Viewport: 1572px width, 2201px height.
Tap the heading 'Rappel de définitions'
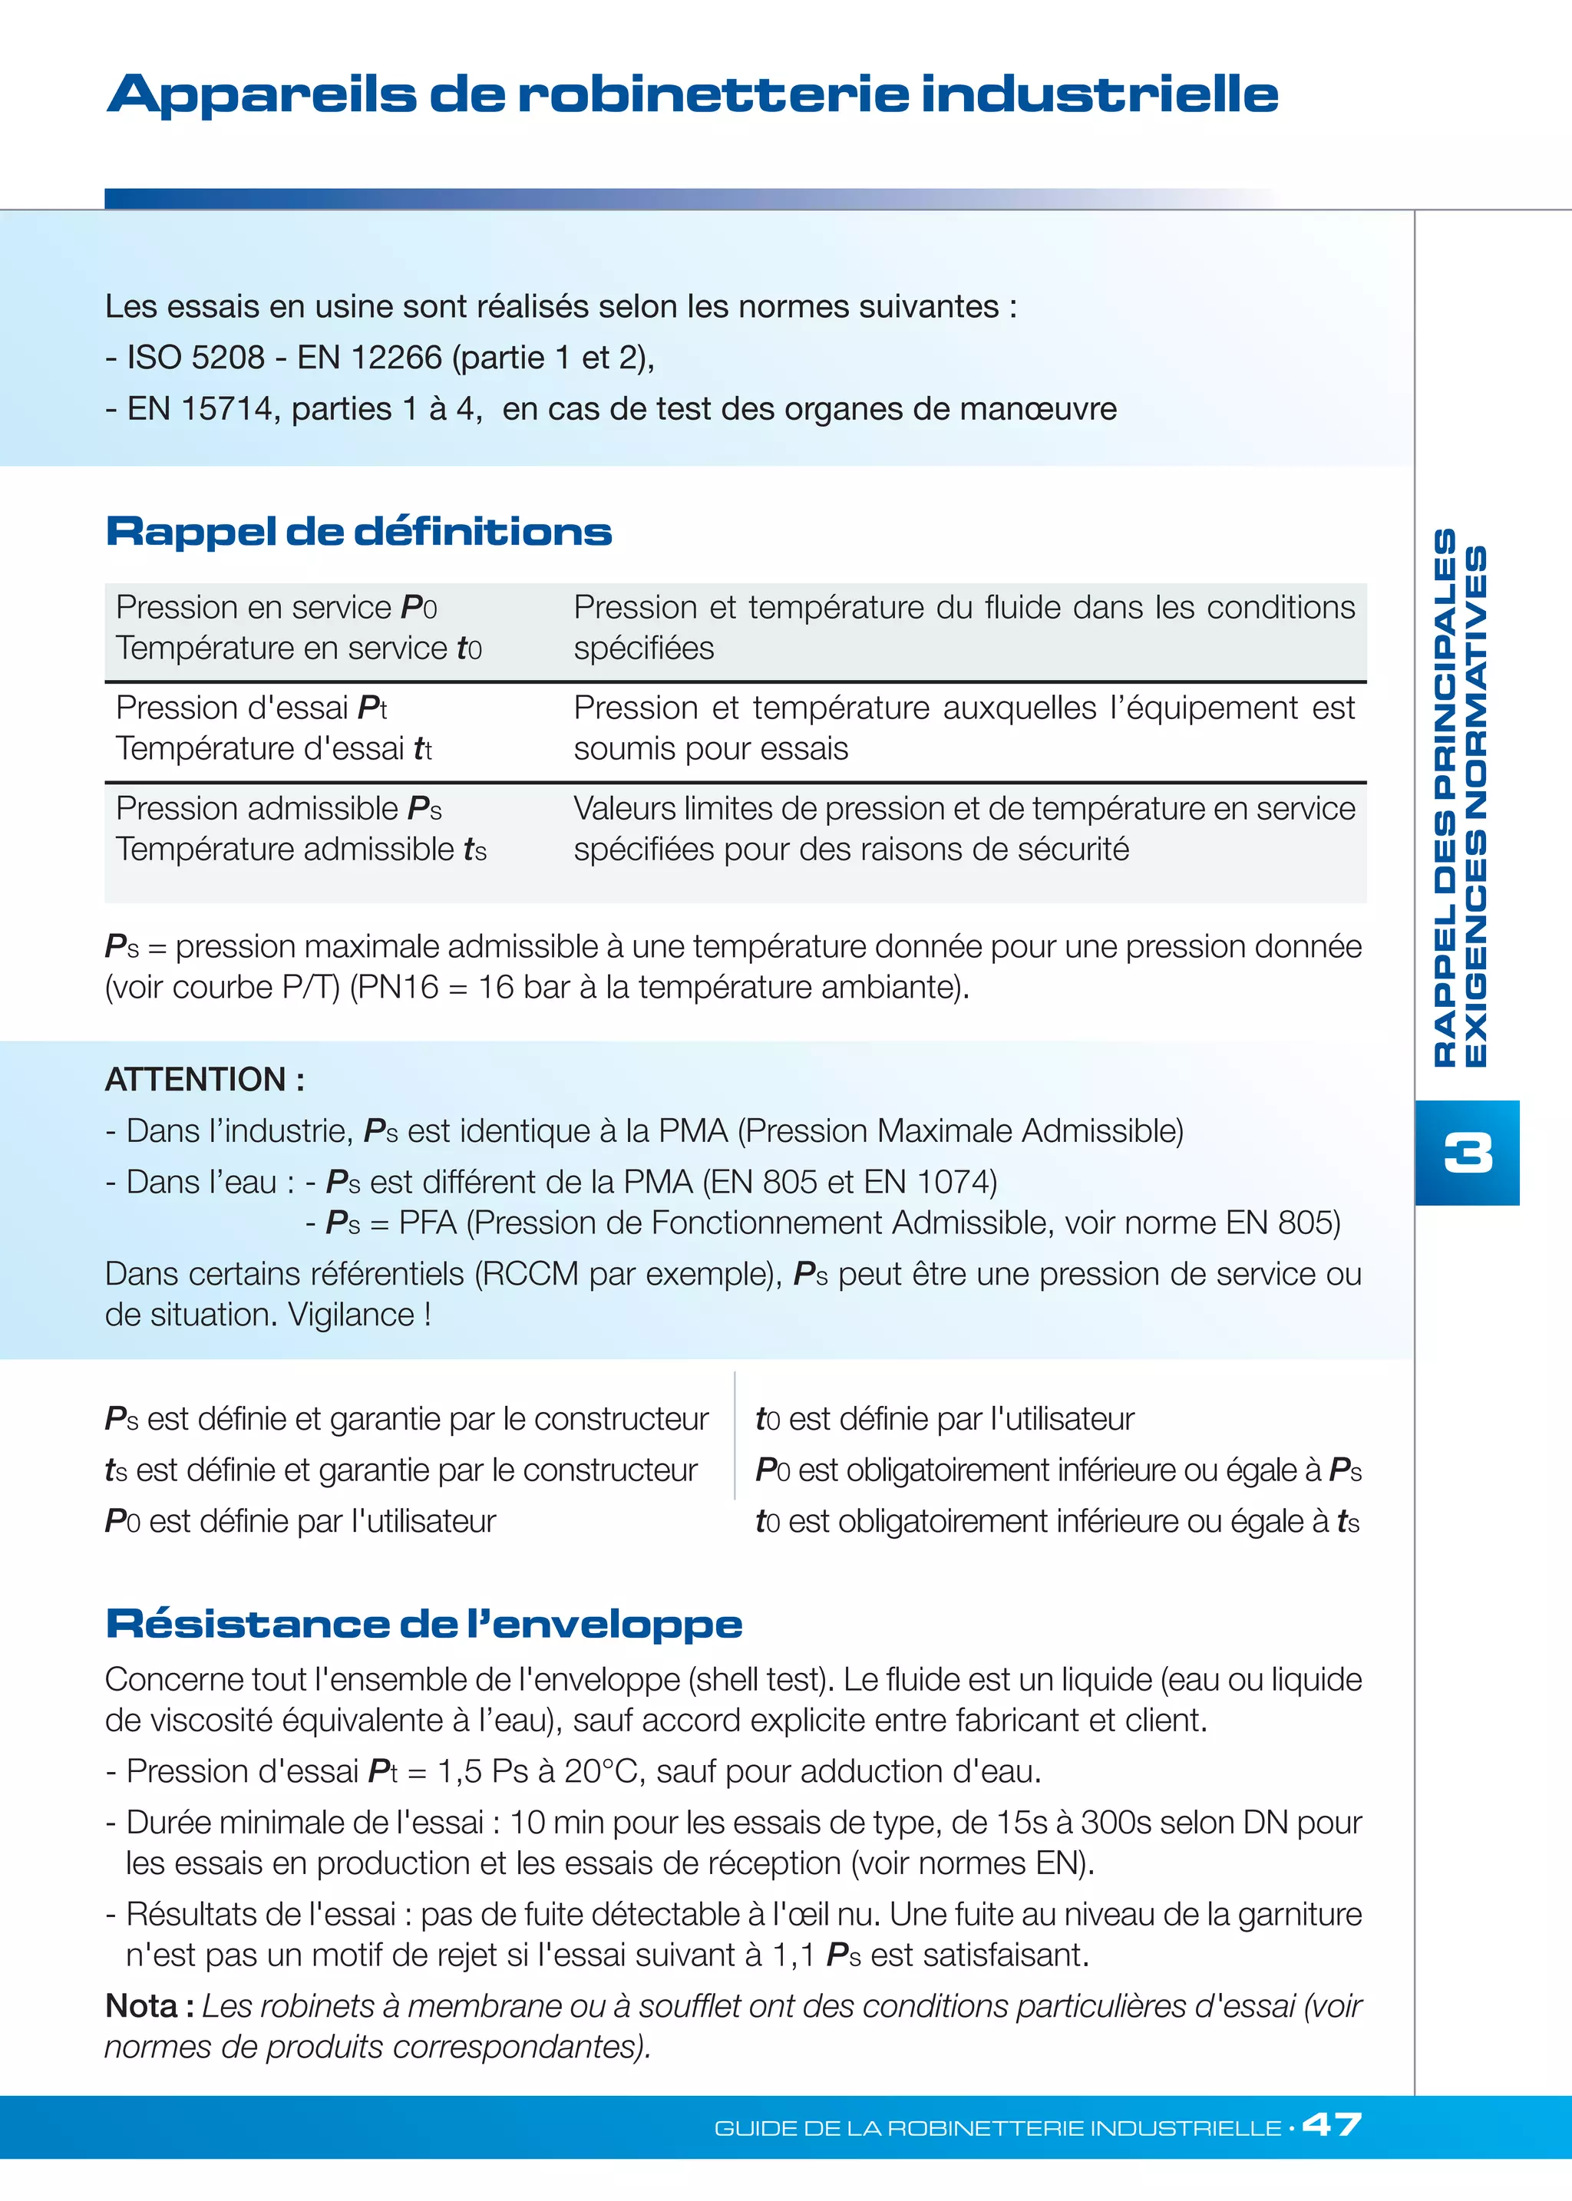coord(358,531)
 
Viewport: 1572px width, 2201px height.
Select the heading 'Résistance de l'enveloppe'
coord(423,1623)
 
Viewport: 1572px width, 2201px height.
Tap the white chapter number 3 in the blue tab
coord(1467,1153)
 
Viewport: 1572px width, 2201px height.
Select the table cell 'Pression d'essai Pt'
coord(251,708)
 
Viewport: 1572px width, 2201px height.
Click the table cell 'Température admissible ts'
coord(300,849)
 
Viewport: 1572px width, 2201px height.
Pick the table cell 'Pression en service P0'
coord(276,607)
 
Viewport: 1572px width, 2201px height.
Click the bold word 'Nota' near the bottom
coord(140,2005)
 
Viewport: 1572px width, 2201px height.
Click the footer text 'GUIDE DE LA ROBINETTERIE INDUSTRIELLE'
coord(997,2127)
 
